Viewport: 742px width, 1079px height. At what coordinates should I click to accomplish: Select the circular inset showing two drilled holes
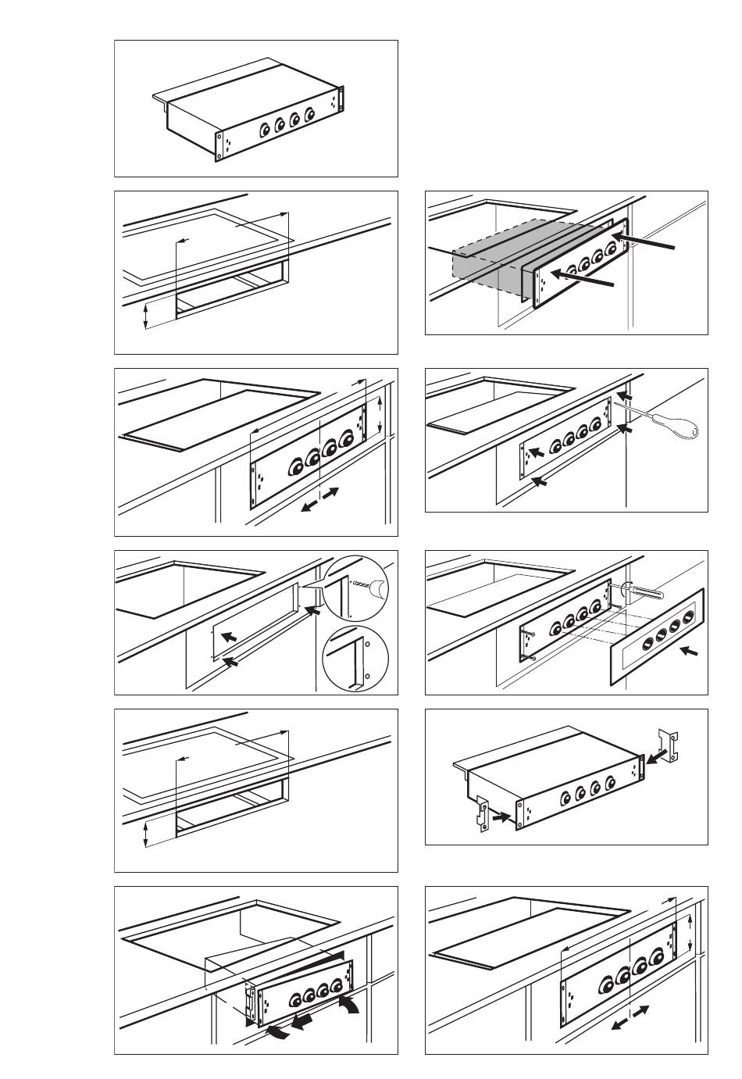[x=355, y=658]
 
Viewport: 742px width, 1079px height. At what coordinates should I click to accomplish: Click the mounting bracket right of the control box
[x=669, y=744]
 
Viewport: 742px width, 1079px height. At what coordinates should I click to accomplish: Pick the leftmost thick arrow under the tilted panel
[x=280, y=1034]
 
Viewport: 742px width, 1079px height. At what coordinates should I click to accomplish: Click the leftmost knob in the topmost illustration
[x=264, y=130]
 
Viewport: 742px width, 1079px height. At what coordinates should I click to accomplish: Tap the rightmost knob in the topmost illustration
[x=311, y=116]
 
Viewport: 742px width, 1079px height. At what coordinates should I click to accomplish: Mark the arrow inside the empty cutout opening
[x=227, y=638]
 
